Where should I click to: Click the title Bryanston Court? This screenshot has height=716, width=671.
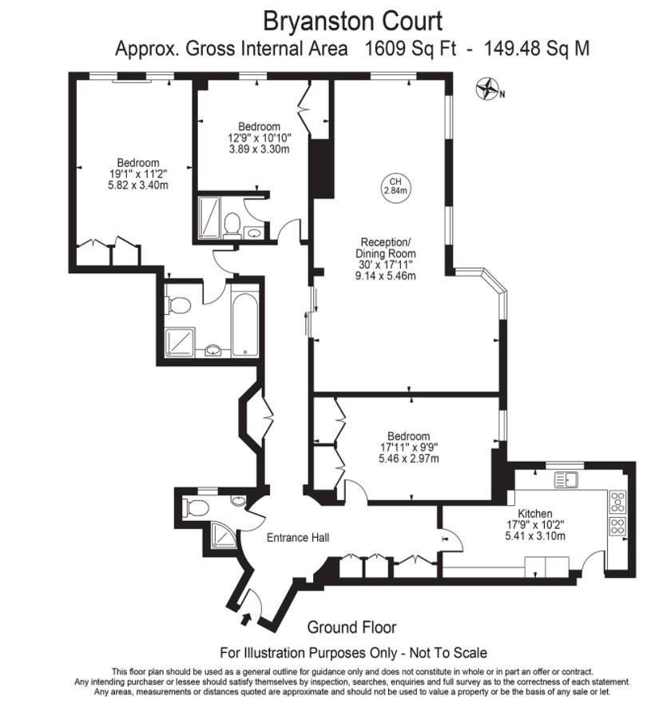click(352, 19)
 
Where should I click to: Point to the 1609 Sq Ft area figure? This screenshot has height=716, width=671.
click(410, 49)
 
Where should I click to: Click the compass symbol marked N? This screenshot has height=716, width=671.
click(486, 89)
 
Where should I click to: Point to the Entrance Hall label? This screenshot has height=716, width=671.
click(298, 537)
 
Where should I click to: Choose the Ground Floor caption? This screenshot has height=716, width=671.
click(351, 627)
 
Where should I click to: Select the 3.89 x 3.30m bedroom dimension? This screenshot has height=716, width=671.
click(259, 149)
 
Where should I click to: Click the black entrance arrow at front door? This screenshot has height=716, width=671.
click(244, 619)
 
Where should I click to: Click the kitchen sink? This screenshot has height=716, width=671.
click(567, 479)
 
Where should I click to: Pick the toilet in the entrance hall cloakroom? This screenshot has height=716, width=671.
click(197, 507)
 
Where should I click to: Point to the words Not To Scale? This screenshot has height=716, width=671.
click(446, 654)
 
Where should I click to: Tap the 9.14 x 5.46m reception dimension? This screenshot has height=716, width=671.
click(387, 276)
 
